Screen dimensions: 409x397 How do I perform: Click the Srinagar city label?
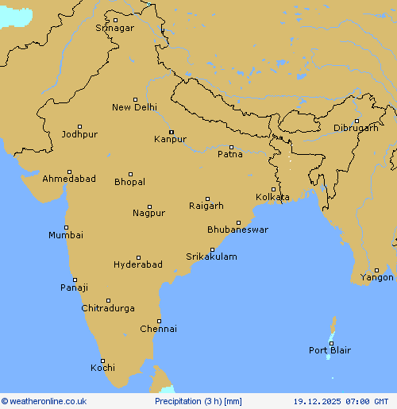pyautogui.click(x=115, y=28)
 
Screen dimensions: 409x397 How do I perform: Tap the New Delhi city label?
pyautogui.click(x=134, y=107)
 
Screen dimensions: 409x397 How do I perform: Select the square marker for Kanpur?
pyautogui.click(x=171, y=132)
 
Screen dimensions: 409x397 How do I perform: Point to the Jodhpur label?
pyautogui.click(x=79, y=134)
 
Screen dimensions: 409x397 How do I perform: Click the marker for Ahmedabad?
pyautogui.click(x=69, y=172)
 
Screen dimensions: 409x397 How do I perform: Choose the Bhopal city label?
pyautogui.click(x=129, y=182)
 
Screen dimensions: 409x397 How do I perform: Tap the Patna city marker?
pyautogui.click(x=231, y=147)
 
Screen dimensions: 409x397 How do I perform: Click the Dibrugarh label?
pyautogui.click(x=355, y=128)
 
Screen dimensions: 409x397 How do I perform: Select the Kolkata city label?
pyautogui.click(x=272, y=197)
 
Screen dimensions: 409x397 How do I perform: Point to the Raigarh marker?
pyautogui.click(x=208, y=199)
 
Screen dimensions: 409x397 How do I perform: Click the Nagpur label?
pyautogui.click(x=148, y=213)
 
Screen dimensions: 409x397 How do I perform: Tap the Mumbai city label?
pyautogui.click(x=65, y=235)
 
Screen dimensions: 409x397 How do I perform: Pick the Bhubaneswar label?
pyautogui.click(x=237, y=230)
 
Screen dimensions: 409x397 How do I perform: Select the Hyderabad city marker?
pyautogui.click(x=138, y=257)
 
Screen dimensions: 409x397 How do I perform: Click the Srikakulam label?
pyautogui.click(x=211, y=257)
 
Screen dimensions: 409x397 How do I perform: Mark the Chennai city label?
pyautogui.click(x=158, y=329)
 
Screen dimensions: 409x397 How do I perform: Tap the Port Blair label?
pyautogui.click(x=330, y=350)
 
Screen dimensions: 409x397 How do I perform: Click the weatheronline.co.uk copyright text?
pyautogui.click(x=44, y=402)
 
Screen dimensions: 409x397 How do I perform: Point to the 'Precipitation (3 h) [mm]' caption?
pyautogui.click(x=198, y=402)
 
